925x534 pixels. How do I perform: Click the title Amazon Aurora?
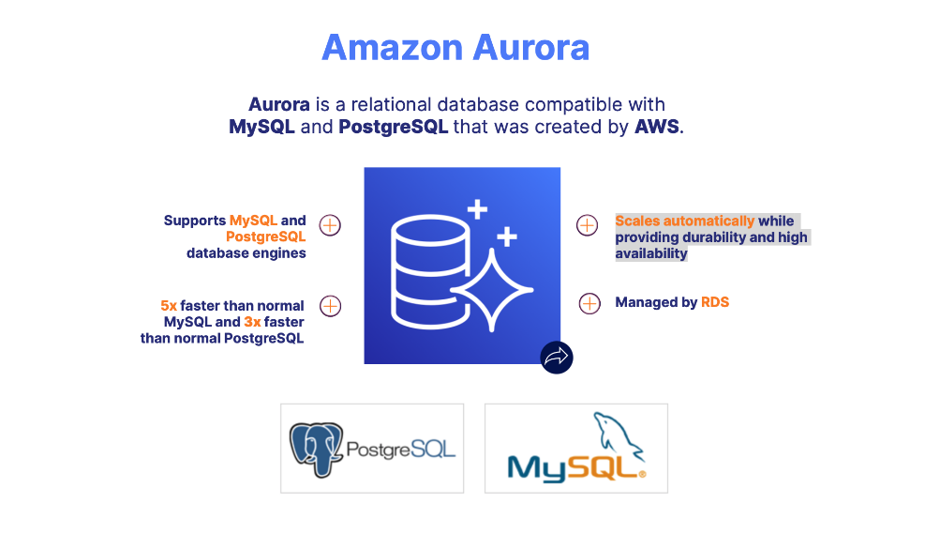click(x=455, y=47)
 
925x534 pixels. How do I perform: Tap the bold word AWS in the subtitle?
click(x=657, y=127)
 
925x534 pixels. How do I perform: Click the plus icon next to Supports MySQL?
click(x=330, y=225)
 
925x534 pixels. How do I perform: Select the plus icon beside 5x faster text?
click(x=330, y=306)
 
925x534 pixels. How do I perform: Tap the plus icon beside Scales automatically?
click(x=587, y=225)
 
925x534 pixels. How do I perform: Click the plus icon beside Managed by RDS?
click(x=589, y=303)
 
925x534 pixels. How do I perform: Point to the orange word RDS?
click(x=715, y=302)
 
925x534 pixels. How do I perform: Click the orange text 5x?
click(x=169, y=306)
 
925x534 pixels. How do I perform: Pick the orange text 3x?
click(x=252, y=322)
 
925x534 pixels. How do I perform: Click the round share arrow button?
click(x=557, y=357)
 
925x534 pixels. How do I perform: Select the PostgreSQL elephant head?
click(x=316, y=450)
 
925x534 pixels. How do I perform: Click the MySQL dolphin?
click(x=614, y=434)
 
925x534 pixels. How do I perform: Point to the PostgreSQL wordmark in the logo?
click(x=400, y=450)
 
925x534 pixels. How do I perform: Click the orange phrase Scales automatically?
click(x=684, y=221)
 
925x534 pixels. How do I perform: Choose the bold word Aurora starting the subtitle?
click(x=279, y=104)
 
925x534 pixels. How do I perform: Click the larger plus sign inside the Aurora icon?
click(x=478, y=208)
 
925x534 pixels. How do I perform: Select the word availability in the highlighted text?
click(x=651, y=253)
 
